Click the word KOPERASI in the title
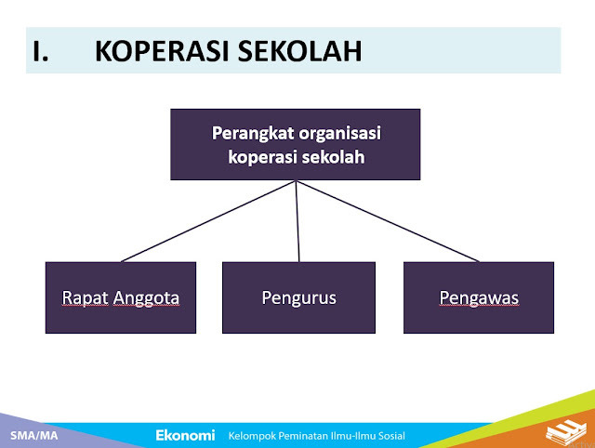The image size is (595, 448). click(x=163, y=51)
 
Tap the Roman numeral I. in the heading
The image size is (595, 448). click(x=40, y=51)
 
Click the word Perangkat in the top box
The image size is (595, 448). click(x=253, y=134)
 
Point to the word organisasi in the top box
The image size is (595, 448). click(x=339, y=134)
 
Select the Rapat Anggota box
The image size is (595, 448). click(x=121, y=297)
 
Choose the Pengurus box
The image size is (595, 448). click(x=298, y=297)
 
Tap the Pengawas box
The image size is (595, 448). click(x=479, y=297)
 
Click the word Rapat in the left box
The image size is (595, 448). click(x=85, y=298)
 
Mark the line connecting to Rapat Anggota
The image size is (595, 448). click(x=208, y=221)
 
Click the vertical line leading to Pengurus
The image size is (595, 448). click(x=297, y=221)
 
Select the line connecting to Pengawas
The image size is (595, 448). click(x=388, y=221)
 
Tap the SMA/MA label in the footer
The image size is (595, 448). click(x=34, y=436)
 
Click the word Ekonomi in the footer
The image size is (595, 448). click(x=185, y=435)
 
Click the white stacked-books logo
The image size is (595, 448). click(x=565, y=431)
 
